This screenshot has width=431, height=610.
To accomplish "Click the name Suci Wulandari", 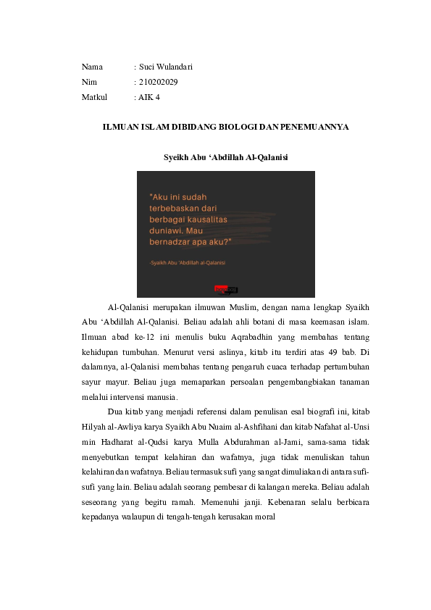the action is (x=166, y=67).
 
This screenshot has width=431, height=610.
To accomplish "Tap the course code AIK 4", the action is (x=150, y=96).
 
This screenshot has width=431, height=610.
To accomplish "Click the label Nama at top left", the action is (x=92, y=67).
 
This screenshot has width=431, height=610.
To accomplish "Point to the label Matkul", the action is (x=94, y=96).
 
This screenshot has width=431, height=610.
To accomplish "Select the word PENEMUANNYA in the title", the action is (x=316, y=127).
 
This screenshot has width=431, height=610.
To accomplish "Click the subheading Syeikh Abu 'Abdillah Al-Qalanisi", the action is (x=226, y=156).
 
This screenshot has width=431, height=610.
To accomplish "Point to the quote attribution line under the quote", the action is (x=187, y=263).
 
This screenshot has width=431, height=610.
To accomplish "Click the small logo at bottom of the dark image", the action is (x=226, y=290).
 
